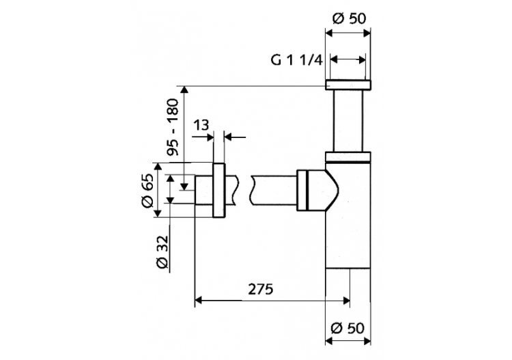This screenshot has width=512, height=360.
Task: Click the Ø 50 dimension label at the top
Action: click(349, 19)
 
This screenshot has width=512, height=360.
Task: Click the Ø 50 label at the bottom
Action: click(348, 328)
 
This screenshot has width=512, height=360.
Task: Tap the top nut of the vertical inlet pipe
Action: click(348, 85)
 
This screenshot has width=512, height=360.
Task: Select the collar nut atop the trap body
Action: click(348, 156)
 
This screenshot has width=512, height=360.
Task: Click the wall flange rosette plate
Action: click(219, 191)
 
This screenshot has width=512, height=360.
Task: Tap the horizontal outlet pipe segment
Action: click(273, 191)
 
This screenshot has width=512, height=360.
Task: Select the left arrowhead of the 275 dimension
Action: click(200, 299)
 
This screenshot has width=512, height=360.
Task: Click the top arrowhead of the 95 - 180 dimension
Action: click(184, 89)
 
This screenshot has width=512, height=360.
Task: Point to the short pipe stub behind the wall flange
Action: click(203, 191)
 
